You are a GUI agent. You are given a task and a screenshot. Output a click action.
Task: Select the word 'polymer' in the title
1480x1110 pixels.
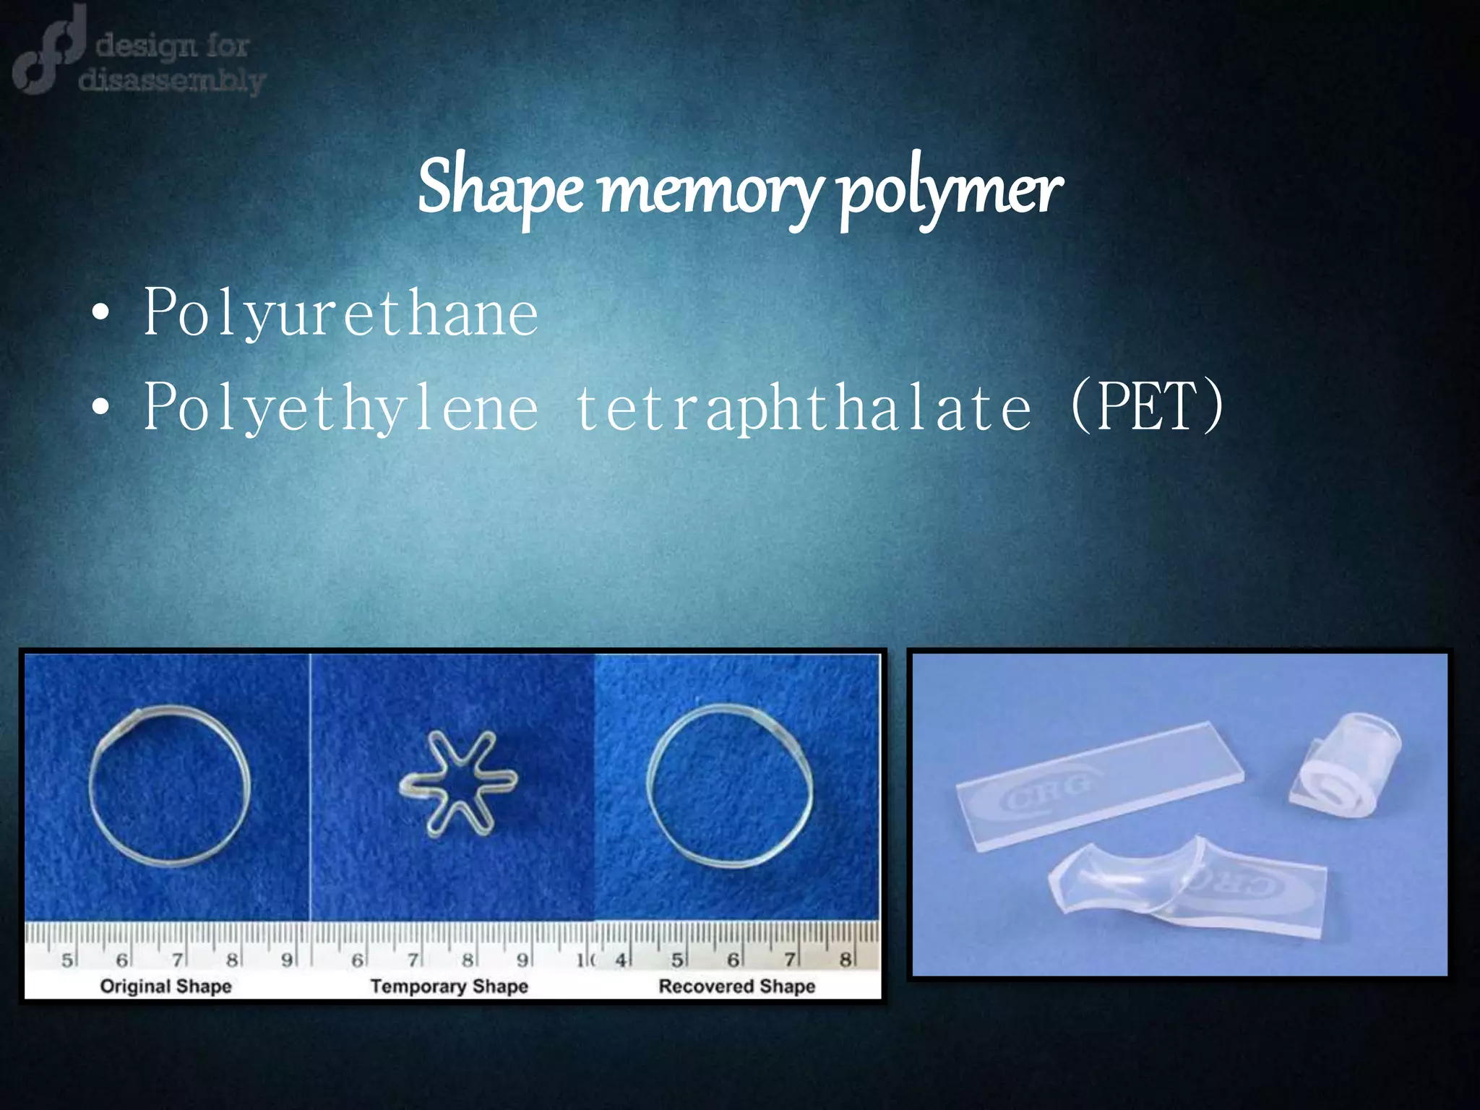(x=950, y=189)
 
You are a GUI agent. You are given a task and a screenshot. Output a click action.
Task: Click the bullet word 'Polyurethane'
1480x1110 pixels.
(x=340, y=313)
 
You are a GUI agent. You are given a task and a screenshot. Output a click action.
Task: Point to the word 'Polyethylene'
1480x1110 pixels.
(x=340, y=407)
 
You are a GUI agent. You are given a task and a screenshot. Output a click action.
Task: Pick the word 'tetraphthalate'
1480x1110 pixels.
(x=803, y=407)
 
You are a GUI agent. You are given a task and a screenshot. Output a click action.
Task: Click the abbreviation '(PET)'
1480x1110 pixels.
(x=1147, y=407)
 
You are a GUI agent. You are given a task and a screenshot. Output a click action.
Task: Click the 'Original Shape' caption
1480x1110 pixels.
(x=165, y=986)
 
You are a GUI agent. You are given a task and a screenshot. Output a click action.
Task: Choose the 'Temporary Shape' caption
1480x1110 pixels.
(x=449, y=986)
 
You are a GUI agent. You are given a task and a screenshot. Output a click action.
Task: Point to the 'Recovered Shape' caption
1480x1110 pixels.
(x=736, y=986)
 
